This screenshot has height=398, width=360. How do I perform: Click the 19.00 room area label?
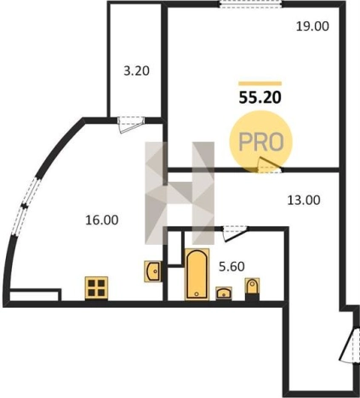(312, 26)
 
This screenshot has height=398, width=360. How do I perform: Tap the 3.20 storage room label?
(136, 71)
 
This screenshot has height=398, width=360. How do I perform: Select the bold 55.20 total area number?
(260, 98)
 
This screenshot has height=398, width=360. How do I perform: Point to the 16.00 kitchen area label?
(102, 220)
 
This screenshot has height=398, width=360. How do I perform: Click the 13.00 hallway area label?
(304, 200)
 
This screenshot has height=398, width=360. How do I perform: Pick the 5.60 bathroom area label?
(231, 266)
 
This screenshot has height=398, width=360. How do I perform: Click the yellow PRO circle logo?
(260, 142)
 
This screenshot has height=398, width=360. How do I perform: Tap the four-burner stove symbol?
(96, 288)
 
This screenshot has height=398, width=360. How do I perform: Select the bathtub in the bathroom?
(197, 274)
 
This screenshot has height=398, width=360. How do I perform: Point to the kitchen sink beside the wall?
(153, 271)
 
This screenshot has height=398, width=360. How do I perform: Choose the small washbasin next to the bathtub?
(224, 293)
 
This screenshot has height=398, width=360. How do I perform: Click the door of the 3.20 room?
(130, 124)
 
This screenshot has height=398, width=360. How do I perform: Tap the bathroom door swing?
(235, 233)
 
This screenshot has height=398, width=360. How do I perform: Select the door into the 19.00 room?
(269, 165)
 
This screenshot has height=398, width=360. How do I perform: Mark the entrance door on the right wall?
(350, 345)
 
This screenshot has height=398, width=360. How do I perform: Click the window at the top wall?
(251, 4)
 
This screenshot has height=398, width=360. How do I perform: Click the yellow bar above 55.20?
(260, 83)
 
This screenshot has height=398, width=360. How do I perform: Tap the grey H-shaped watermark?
(180, 193)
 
